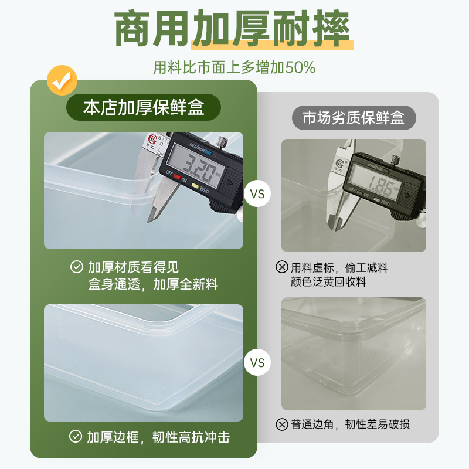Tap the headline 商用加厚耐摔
(x=233, y=29)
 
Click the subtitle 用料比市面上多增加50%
(x=235, y=67)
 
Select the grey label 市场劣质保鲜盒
(x=354, y=118)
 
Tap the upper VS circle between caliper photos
(x=257, y=193)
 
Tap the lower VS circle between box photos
(x=257, y=362)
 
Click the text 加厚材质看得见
(x=133, y=267)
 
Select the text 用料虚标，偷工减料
(x=339, y=267)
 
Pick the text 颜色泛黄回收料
(x=328, y=282)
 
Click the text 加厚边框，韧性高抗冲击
(x=158, y=437)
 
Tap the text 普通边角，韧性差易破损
(x=350, y=424)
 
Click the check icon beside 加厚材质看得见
(x=76, y=267)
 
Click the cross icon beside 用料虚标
(x=281, y=267)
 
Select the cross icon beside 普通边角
(x=281, y=424)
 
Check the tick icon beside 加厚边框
(x=76, y=437)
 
